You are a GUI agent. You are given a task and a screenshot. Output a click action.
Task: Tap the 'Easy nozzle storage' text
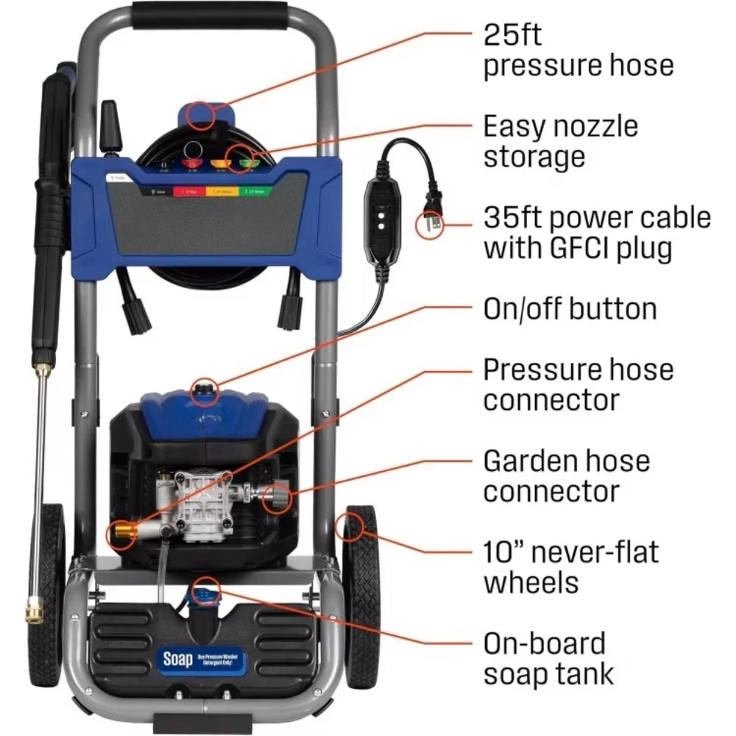tap(560, 141)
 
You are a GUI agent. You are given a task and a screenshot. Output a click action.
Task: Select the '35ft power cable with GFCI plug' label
tap(597, 233)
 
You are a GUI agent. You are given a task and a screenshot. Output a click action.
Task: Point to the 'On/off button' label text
tap(570, 308)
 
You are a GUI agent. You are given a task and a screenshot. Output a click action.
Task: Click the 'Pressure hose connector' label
tap(578, 384)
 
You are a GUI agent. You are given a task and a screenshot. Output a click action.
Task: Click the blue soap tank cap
tap(205, 588)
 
